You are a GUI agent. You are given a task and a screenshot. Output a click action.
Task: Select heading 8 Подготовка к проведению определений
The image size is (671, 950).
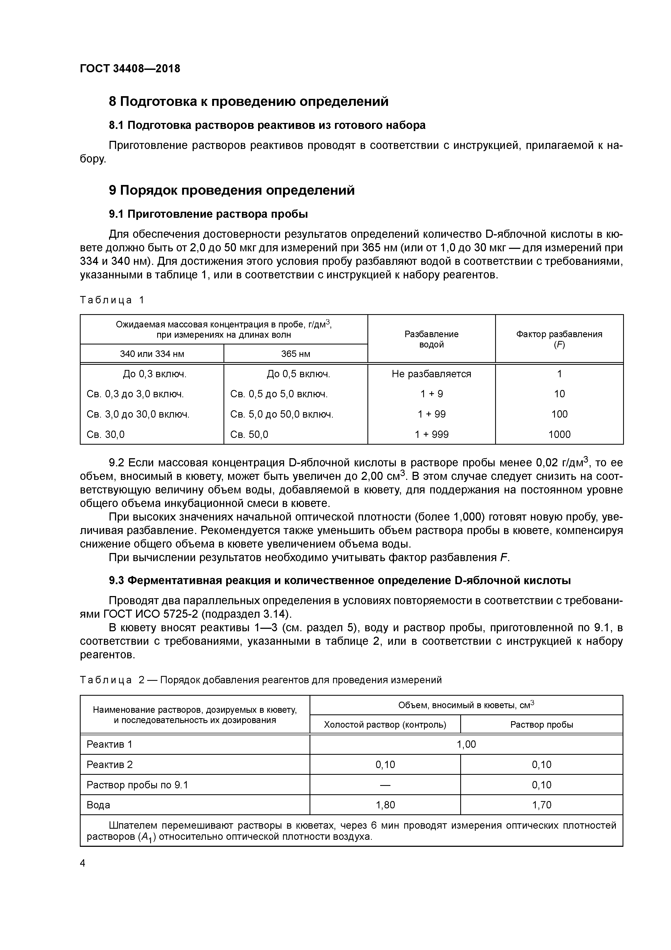[x=248, y=101]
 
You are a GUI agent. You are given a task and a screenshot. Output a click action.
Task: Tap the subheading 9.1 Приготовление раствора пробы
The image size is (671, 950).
[x=208, y=214]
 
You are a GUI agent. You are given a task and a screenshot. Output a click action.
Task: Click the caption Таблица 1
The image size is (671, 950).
[x=112, y=300]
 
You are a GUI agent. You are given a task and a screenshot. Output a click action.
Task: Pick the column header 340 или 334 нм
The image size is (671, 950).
[x=152, y=354]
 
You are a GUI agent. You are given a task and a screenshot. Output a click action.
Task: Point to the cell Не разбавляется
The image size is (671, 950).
[x=431, y=374]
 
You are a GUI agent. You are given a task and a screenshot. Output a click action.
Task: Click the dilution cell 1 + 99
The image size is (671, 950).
[x=431, y=414]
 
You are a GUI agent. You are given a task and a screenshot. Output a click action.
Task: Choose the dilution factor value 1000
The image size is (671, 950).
[x=559, y=434]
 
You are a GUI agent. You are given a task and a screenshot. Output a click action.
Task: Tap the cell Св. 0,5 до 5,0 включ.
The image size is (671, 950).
[x=279, y=394]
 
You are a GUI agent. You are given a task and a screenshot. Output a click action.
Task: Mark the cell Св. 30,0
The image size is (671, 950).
[x=106, y=434]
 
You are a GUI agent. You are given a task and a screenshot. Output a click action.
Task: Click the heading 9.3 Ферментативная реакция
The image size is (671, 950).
[x=340, y=581]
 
